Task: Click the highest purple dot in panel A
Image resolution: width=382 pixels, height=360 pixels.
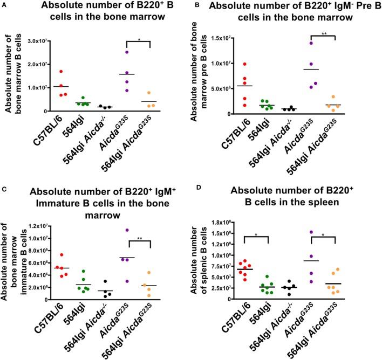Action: point(127,52)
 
